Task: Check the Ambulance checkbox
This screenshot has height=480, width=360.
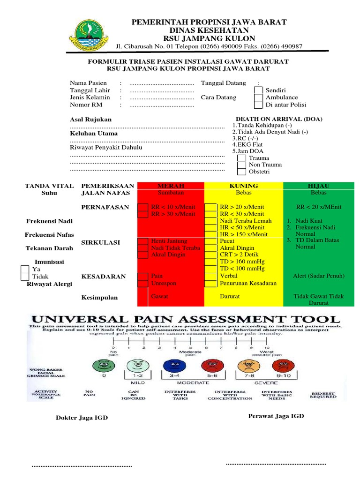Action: point(258,98)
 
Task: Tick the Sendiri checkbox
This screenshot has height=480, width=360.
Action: point(258,90)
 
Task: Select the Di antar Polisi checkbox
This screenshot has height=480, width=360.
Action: point(258,105)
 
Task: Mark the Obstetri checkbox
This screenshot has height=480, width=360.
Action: point(241,172)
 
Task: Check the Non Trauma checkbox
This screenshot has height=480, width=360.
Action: point(241,165)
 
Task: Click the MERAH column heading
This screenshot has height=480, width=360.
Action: point(171,186)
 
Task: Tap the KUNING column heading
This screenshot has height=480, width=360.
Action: point(244,186)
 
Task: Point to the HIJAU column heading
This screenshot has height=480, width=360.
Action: point(319,186)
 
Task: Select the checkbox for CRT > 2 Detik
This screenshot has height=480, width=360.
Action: point(211,255)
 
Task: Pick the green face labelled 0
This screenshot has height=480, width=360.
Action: point(105,366)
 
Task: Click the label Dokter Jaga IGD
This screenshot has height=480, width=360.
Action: point(82,418)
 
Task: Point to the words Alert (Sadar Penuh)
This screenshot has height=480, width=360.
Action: point(318,276)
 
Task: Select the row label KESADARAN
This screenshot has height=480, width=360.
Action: point(104,277)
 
